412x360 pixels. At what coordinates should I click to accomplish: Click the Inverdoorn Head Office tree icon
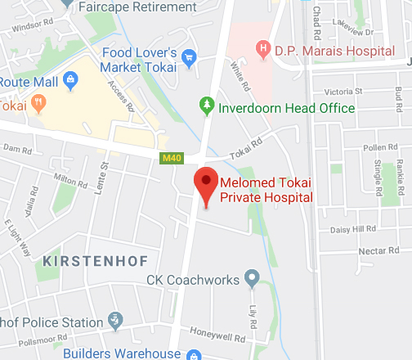(206, 106)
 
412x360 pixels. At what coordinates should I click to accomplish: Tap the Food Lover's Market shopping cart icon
(190, 57)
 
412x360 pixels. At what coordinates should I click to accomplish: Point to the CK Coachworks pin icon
(252, 279)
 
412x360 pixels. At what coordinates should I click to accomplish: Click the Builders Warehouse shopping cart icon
(193, 354)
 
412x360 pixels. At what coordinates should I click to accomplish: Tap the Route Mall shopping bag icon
(69, 80)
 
